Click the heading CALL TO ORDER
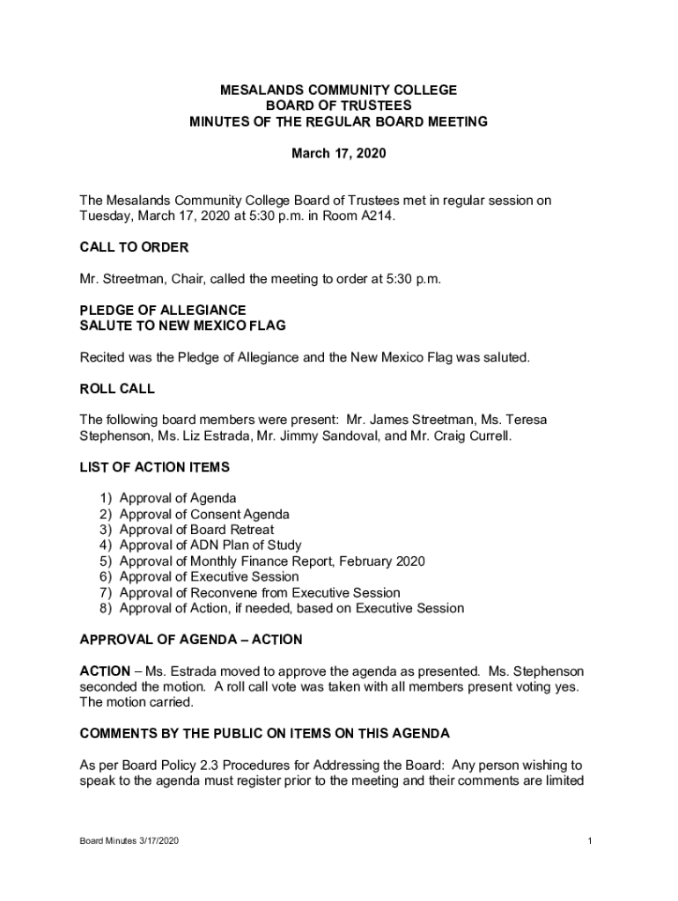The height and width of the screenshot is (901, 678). tap(134, 247)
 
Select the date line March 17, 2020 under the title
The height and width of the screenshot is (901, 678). tap(338, 154)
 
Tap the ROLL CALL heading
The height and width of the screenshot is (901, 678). tap(116, 388)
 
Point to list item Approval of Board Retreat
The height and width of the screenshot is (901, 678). tap(196, 530)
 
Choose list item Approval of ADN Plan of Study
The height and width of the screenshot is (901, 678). tap(210, 546)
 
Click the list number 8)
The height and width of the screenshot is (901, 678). tap(106, 608)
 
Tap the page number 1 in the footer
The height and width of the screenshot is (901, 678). tap(589, 842)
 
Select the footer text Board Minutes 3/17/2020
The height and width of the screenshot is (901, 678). tap(129, 842)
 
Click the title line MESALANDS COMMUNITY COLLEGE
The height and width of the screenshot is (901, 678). tap(338, 91)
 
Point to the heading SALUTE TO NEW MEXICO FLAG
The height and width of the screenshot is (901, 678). tap(182, 326)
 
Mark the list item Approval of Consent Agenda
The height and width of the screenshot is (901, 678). tap(204, 514)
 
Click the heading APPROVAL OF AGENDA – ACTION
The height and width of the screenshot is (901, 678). tap(190, 640)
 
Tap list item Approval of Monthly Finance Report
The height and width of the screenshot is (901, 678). tap(272, 561)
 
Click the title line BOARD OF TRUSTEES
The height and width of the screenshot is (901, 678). tap(338, 106)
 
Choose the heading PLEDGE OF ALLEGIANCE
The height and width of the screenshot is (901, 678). tap(163, 311)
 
